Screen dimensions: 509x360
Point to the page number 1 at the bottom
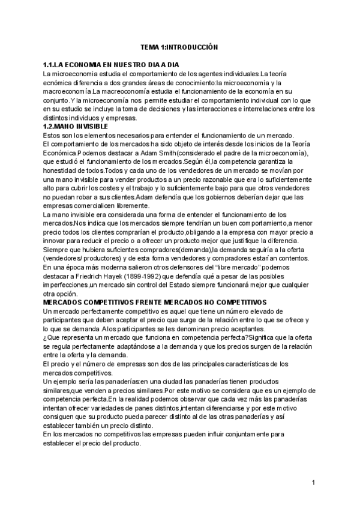click(x=313, y=482)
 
